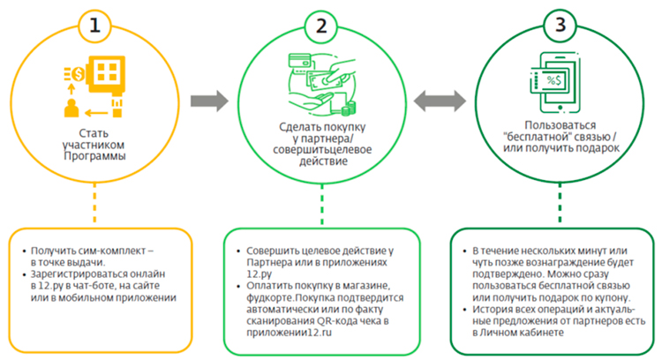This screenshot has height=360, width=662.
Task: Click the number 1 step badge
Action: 97,24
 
